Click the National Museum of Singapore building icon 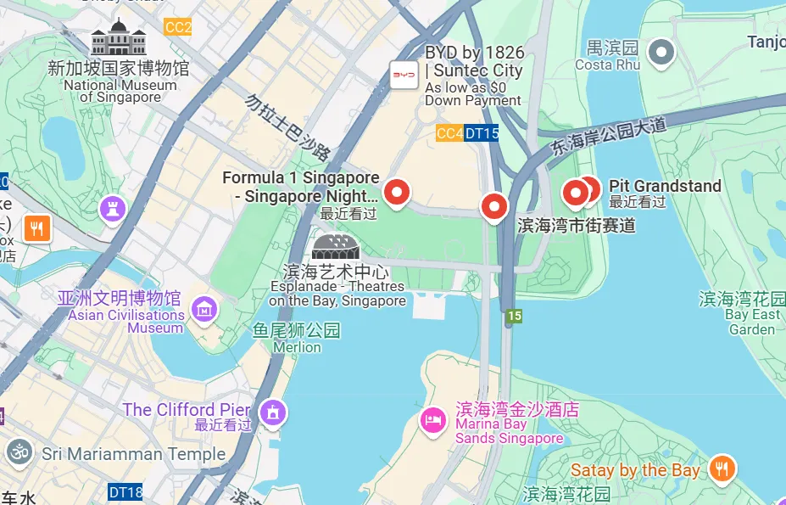(119, 38)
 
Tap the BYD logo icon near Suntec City (404, 75)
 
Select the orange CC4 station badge (449, 133)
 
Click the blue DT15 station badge (481, 133)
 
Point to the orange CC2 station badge (178, 27)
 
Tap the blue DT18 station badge (125, 491)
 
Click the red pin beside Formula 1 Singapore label (396, 193)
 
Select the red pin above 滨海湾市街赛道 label (494, 205)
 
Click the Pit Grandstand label (665, 186)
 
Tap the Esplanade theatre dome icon (336, 247)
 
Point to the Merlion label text (297, 346)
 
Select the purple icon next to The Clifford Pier (273, 413)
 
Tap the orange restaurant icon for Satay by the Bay (722, 468)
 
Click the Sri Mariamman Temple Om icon (18, 453)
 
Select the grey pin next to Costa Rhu (661, 53)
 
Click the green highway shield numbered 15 (514, 317)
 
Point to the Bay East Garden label (753, 322)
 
